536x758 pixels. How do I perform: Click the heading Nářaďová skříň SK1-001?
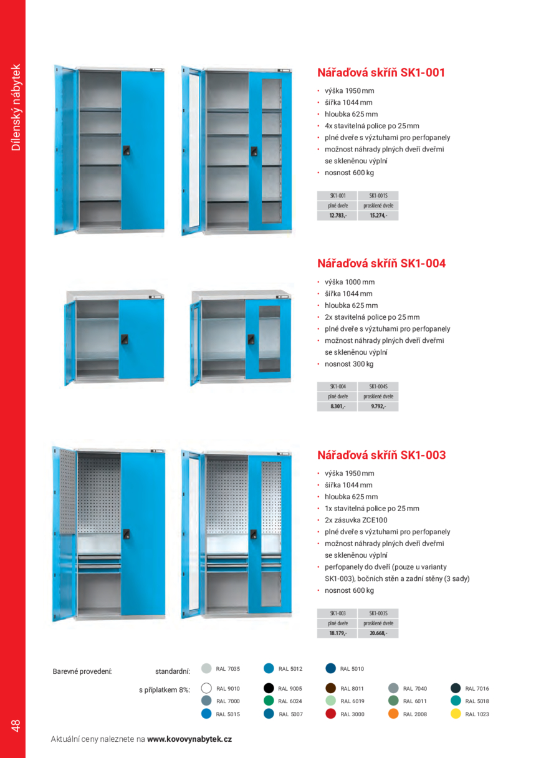click(x=381, y=72)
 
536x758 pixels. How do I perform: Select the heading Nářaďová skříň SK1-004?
click(x=381, y=264)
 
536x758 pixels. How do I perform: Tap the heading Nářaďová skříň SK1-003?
click(x=381, y=455)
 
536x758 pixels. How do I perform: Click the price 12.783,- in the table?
click(x=338, y=216)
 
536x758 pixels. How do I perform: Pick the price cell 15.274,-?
click(x=378, y=216)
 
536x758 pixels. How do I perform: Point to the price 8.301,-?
click(x=338, y=406)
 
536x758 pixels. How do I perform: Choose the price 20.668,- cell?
click(x=378, y=633)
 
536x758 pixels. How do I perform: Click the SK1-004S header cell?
click(x=378, y=386)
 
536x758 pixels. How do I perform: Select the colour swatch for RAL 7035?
click(x=207, y=669)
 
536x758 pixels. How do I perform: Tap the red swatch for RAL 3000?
click(x=331, y=714)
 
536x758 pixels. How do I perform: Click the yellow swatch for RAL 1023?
click(x=456, y=714)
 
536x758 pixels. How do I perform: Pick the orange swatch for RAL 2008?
click(x=393, y=714)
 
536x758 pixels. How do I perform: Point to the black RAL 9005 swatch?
click(x=269, y=689)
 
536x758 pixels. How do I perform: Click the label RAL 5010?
click(x=352, y=669)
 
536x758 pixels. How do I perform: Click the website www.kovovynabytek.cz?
click(x=189, y=739)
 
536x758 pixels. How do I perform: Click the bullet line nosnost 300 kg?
click(x=348, y=364)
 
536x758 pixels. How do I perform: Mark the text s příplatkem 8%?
click(x=164, y=690)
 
